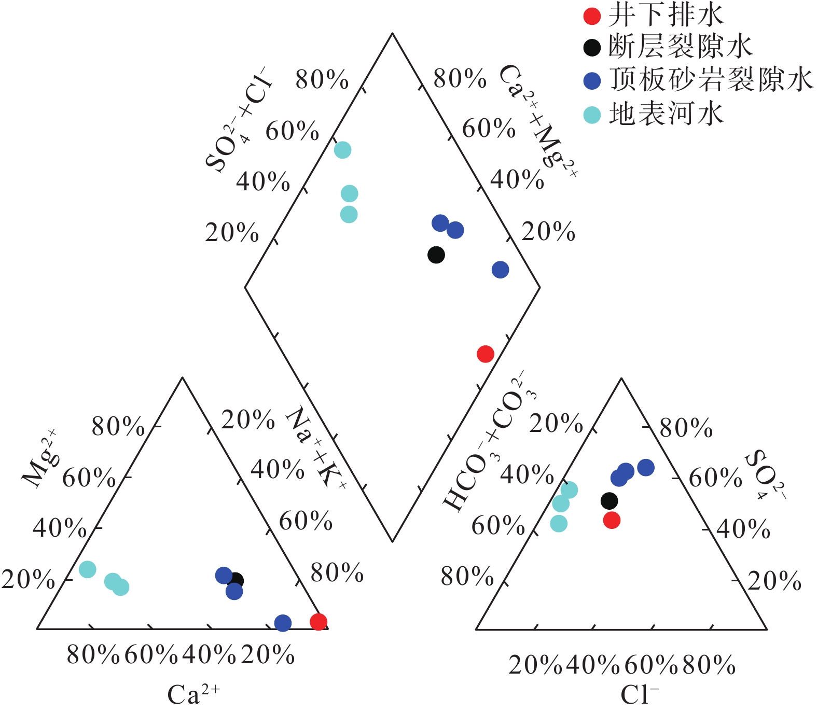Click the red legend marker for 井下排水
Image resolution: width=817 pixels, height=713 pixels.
pos(592,16)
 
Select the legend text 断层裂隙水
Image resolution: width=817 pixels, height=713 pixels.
pos(680,47)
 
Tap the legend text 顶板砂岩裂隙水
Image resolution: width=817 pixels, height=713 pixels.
pos(711,80)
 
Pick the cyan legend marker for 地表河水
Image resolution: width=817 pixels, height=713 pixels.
pos(592,115)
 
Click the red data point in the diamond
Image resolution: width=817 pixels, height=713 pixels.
pos(486,354)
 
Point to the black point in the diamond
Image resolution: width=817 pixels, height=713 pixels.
pos(436,255)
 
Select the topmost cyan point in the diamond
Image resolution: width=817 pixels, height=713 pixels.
pos(342,150)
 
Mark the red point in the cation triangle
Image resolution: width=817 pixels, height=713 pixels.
pos(319,621)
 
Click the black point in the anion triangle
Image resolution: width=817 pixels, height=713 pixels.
pos(610,501)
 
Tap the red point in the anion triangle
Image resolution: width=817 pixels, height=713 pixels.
pos(612,520)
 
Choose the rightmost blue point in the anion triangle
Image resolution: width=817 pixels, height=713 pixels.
pos(646,467)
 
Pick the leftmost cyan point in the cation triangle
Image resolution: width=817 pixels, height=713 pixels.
pos(88,569)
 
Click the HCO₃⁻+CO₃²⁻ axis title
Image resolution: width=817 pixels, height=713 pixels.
pos(490,441)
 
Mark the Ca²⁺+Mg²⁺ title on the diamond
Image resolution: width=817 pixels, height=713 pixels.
pos(538,122)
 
